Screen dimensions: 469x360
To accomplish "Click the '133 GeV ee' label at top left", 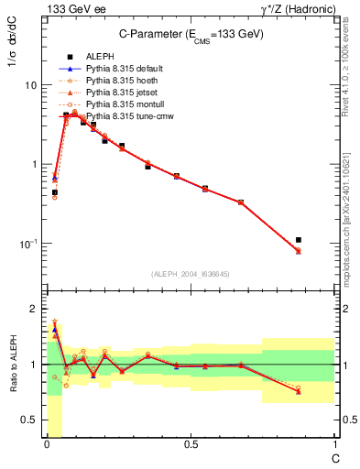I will point(73,9).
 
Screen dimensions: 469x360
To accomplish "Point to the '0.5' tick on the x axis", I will point(190,445).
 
